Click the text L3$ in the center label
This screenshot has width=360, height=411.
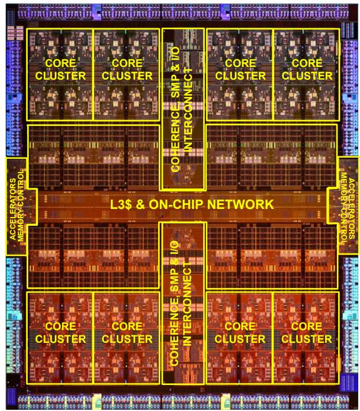pos(121,205)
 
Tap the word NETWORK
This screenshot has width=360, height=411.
pos(241,205)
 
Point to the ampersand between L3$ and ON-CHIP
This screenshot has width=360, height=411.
pos(140,205)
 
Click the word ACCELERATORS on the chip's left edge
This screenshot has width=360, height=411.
pos(13,209)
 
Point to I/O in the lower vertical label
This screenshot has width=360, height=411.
pos(174,248)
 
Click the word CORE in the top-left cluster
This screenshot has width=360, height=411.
pos(61,63)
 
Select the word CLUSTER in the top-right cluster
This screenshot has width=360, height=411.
pos(307,76)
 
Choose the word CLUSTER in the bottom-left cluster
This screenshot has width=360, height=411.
pos(61,339)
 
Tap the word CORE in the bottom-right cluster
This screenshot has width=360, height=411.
pos(306,326)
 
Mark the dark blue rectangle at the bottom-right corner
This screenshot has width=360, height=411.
pos(348,383)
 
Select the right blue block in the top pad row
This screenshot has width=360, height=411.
pos(225,11)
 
